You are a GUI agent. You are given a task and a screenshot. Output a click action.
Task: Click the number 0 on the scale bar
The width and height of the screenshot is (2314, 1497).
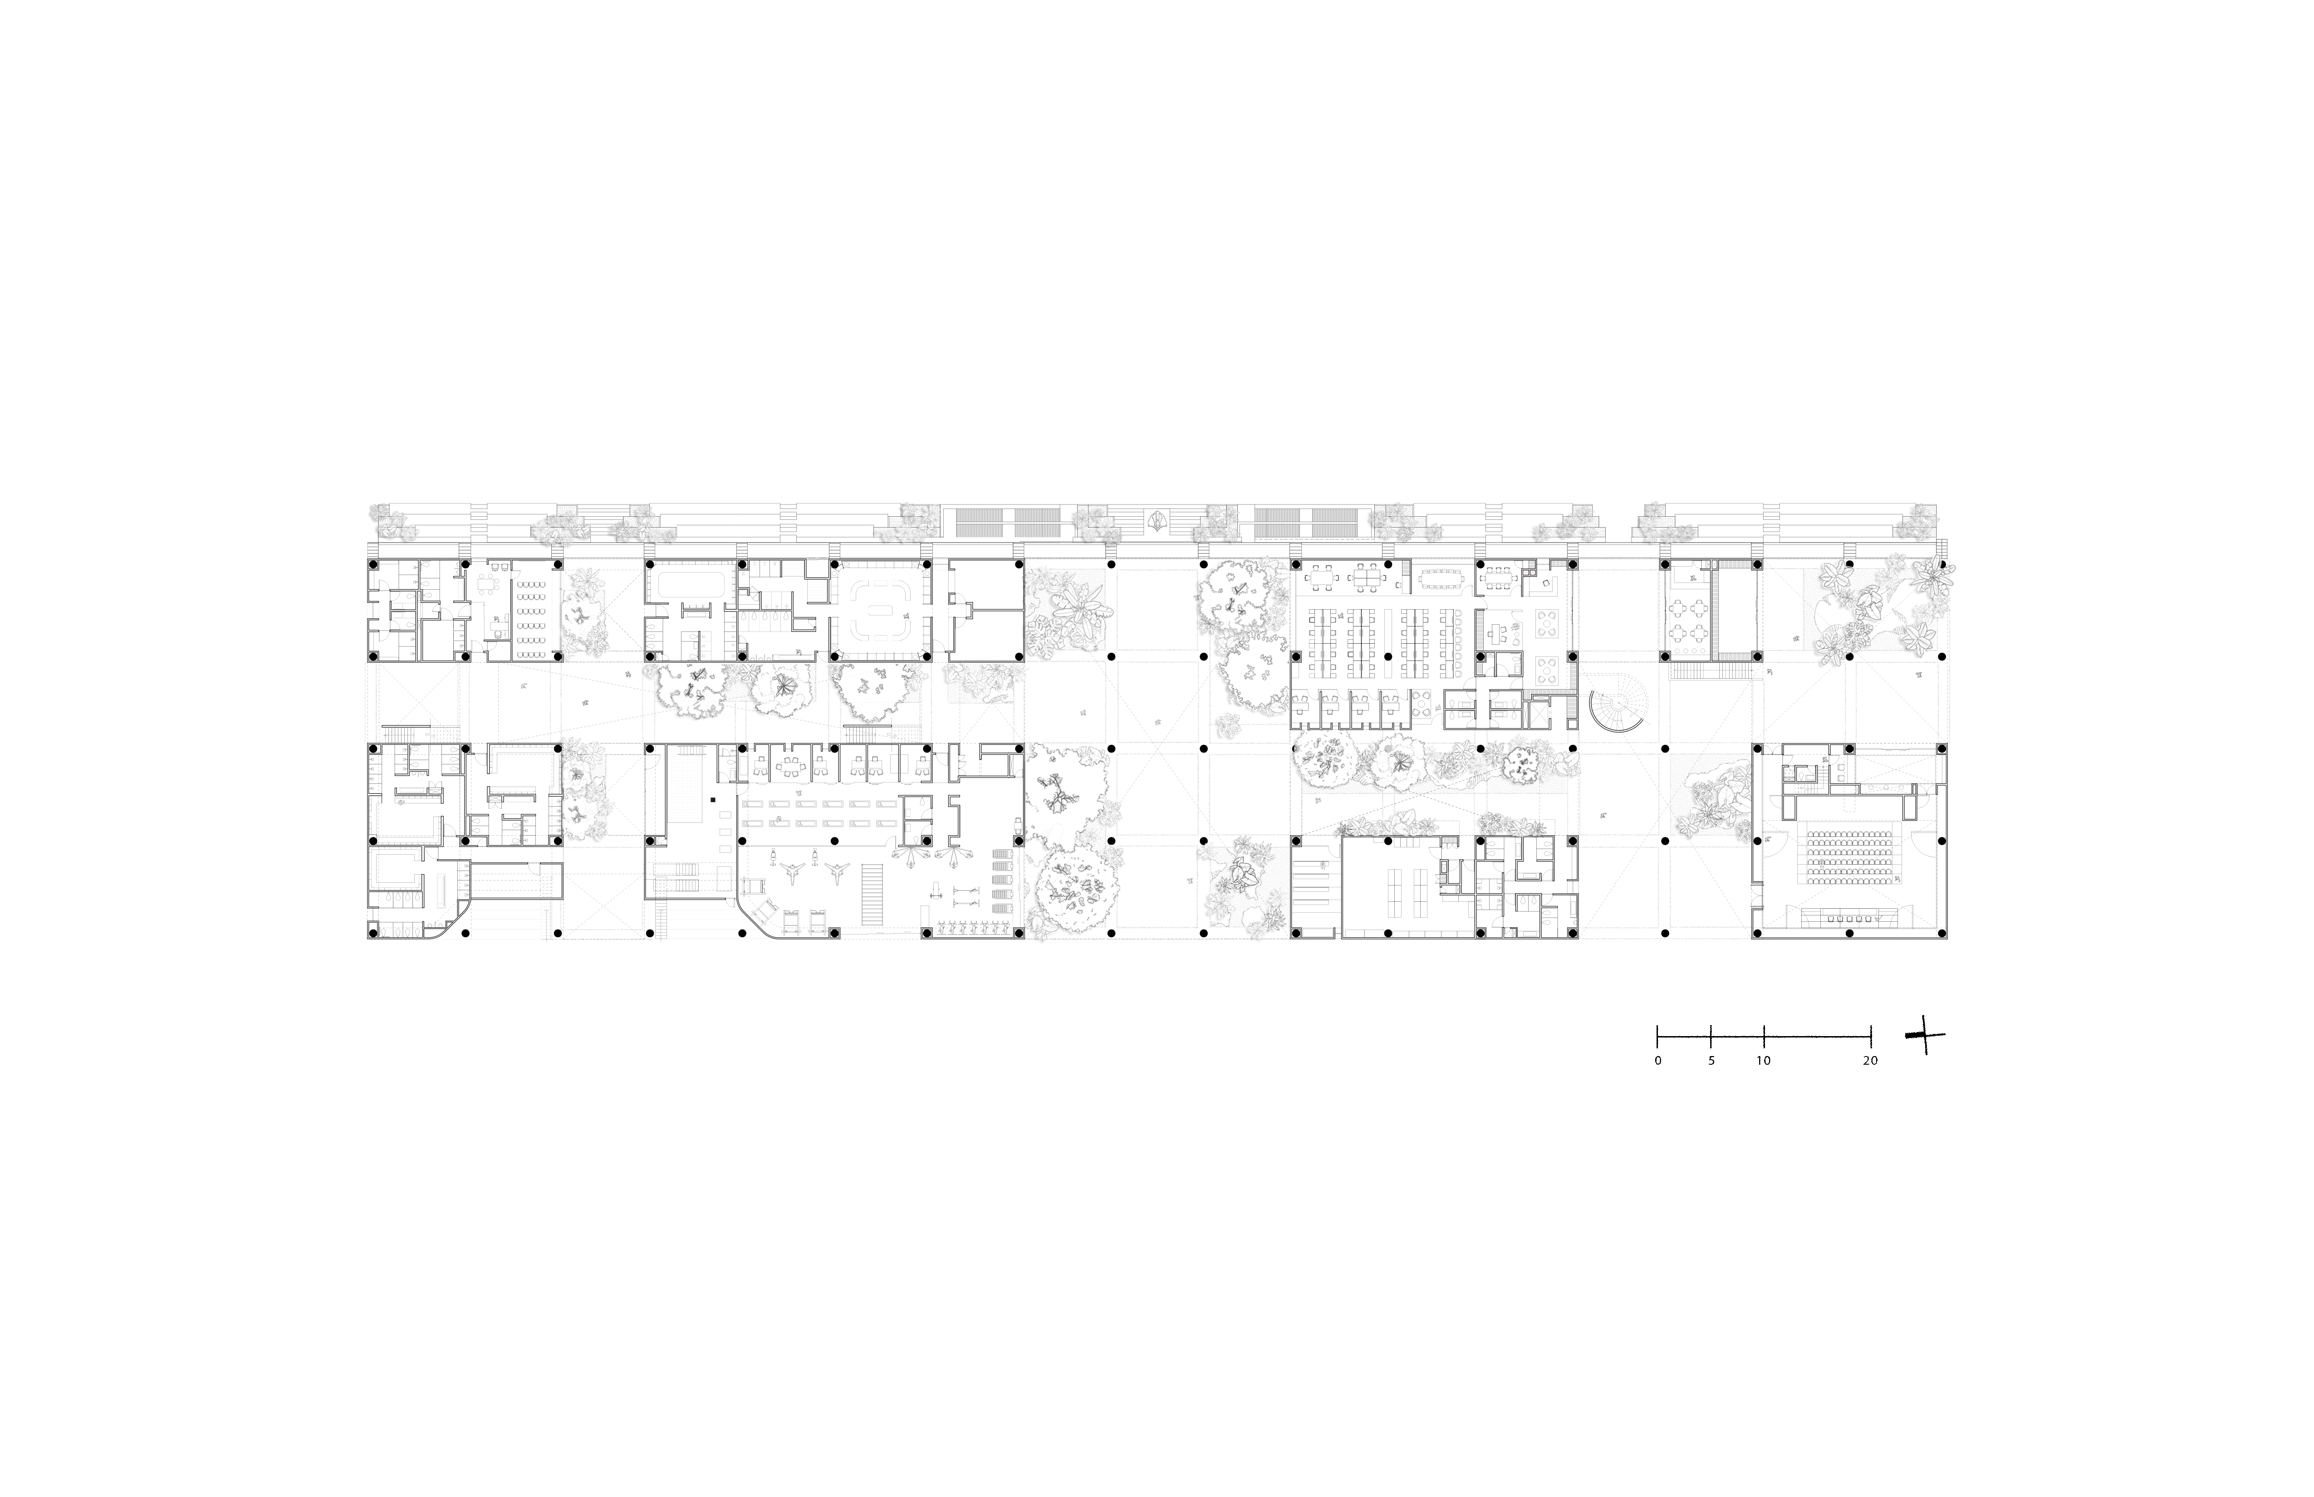[x=1658, y=1061]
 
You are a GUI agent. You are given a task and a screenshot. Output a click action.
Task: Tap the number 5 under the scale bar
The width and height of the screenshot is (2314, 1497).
[x=1711, y=1061]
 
